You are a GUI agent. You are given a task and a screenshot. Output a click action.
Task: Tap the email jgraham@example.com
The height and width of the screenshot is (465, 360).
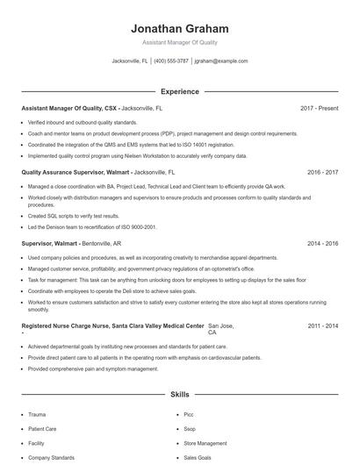coord(221,61)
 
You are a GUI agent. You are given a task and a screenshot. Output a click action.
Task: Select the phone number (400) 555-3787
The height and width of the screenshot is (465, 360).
coord(171,61)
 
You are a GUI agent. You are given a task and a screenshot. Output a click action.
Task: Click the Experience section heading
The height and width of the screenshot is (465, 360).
coord(179,91)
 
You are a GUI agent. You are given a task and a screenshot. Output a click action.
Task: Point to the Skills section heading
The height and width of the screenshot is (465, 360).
coord(179,395)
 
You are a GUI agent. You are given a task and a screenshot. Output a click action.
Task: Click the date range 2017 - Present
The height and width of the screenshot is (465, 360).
coord(319,108)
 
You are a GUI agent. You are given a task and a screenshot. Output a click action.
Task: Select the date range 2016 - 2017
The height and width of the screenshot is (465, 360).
coord(322,173)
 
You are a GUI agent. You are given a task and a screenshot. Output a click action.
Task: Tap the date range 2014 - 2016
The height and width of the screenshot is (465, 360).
coord(322,243)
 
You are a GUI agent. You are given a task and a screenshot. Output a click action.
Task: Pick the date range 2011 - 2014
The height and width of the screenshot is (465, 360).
coord(322,325)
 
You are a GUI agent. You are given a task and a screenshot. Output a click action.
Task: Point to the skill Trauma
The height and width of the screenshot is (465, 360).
coord(37,414)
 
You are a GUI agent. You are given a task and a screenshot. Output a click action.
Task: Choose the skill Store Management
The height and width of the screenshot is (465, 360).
coord(205,443)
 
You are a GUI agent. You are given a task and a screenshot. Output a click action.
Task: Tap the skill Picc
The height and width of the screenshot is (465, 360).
coord(189,414)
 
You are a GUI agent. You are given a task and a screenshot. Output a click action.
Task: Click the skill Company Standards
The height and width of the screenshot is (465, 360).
coord(51,457)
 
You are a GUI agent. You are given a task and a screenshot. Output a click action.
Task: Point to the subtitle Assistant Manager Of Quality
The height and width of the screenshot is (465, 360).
coord(179,42)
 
